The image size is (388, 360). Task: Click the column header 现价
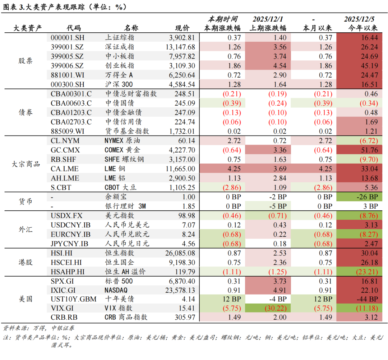[182, 28]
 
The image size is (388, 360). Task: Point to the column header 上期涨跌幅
[268, 28]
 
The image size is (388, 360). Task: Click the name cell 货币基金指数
[127, 131]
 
